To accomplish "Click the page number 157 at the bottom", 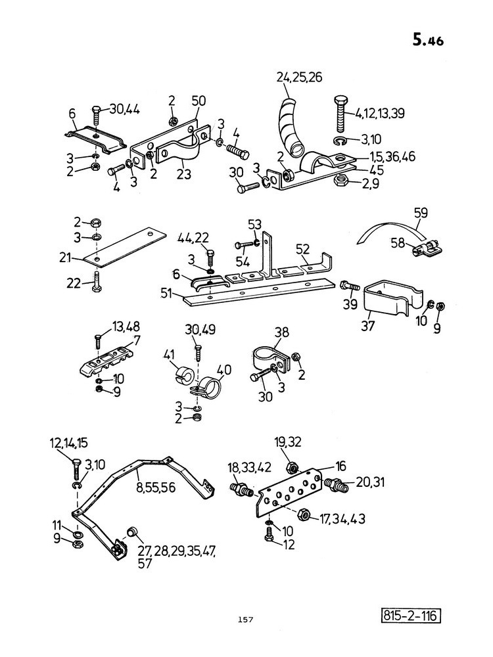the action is tap(245, 620).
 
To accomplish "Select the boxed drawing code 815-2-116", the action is tap(411, 616).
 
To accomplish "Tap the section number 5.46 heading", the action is tap(428, 40).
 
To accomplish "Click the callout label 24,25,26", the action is tap(299, 78).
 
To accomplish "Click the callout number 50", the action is tap(199, 101).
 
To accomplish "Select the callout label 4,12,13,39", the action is tap(379, 114).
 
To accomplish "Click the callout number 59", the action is tap(421, 213).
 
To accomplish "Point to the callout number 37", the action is tap(367, 326).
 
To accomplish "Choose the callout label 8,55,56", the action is tap(156, 487).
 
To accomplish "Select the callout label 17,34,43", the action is tap(342, 519).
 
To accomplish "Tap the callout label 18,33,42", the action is tap(249, 467).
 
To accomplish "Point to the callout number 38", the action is tap(282, 332).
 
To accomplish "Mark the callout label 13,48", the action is tap(126, 326).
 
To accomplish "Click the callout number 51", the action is tap(166, 293).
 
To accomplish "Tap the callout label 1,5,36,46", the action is tap(392, 156).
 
